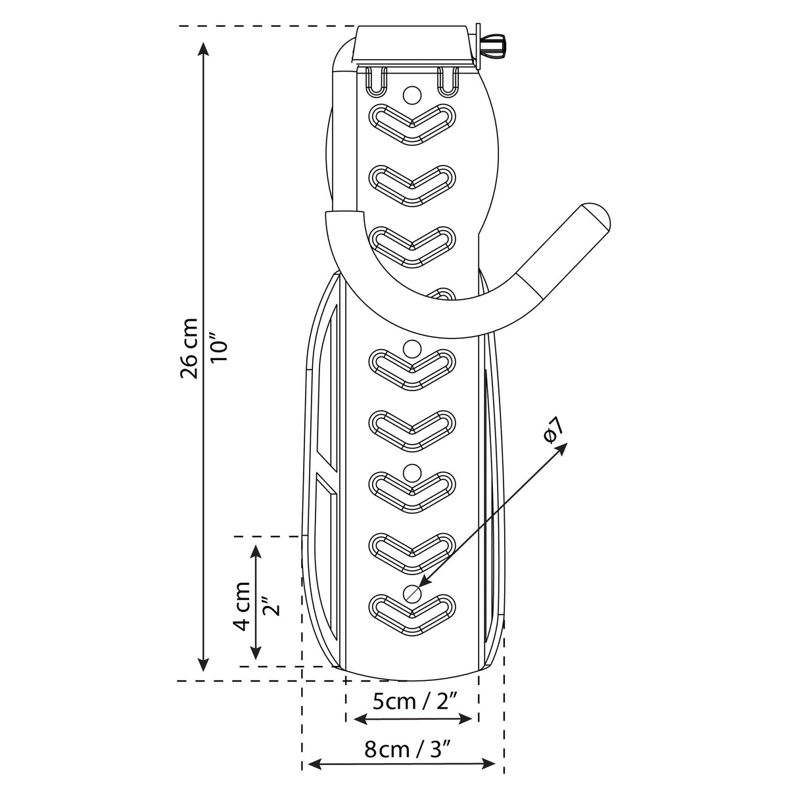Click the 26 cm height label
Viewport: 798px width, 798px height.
tap(189, 348)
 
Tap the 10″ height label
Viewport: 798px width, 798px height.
tap(220, 346)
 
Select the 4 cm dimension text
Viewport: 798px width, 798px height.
tap(241, 606)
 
